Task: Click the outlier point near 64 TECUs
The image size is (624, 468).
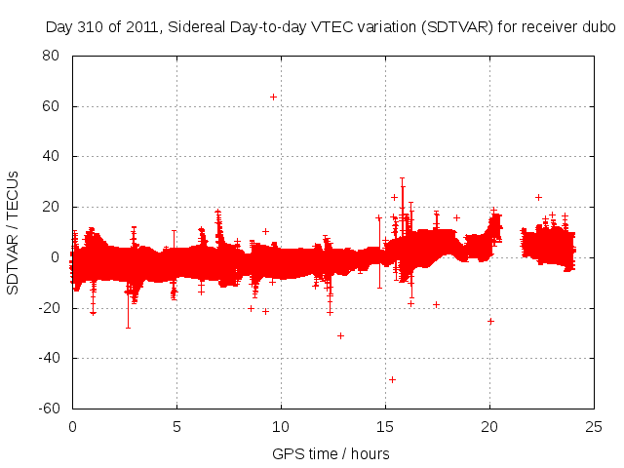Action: click(273, 97)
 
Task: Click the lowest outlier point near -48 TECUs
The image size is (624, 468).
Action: click(392, 379)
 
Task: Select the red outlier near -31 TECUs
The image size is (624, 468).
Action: click(340, 335)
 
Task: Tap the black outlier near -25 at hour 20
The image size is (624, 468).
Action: click(490, 321)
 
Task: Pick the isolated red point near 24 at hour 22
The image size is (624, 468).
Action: click(538, 197)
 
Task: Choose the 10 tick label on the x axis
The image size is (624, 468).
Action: click(281, 427)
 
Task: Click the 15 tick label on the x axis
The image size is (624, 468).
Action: click(385, 427)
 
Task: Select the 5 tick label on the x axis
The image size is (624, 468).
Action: click(176, 427)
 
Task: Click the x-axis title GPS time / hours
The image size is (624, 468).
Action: click(331, 453)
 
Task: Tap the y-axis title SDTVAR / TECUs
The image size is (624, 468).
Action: click(14, 231)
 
